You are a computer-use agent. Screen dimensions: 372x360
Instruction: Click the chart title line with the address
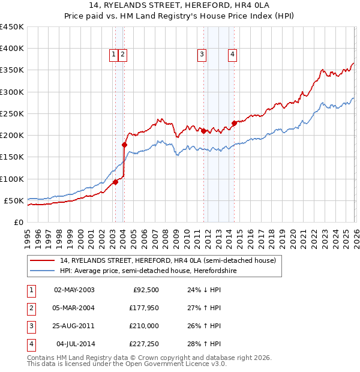[180, 6]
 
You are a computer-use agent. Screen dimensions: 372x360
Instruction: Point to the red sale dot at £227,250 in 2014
[234, 124]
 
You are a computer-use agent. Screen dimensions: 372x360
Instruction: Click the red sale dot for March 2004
[124, 145]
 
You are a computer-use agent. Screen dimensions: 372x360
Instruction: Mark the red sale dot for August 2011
[203, 131]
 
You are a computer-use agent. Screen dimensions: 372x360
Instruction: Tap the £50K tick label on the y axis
[14, 200]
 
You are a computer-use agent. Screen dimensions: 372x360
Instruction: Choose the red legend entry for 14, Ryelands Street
[167, 260]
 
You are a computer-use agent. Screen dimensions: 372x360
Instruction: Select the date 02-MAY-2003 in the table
[74, 290]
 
